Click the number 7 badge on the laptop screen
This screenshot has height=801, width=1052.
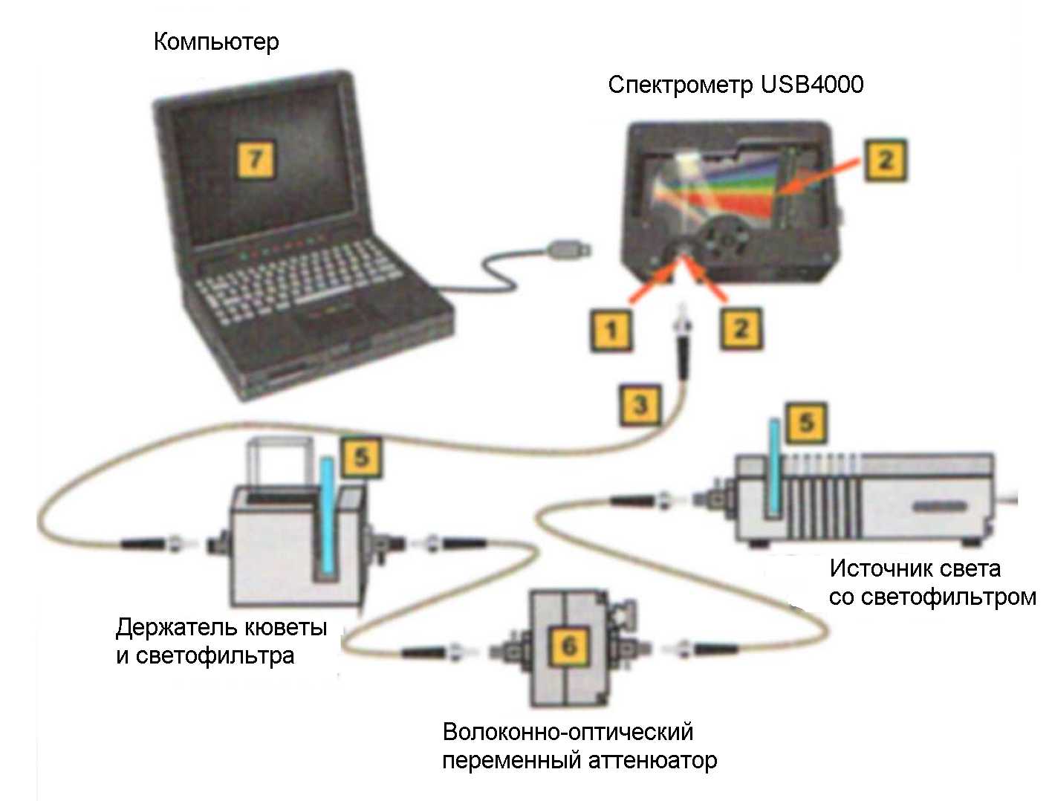coord(256,159)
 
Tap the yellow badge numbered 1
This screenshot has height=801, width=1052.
coord(611,329)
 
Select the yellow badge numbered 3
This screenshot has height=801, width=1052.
coord(640,405)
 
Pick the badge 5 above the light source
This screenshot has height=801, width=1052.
coord(806,424)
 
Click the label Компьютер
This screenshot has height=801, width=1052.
coord(216,42)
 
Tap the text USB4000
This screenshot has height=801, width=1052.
coord(812,85)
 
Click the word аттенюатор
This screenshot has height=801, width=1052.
coord(653,761)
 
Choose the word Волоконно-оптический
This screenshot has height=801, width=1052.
coord(568,732)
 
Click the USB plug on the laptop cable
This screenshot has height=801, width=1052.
coord(569,250)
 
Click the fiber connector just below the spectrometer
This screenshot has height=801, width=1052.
coord(680,338)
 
